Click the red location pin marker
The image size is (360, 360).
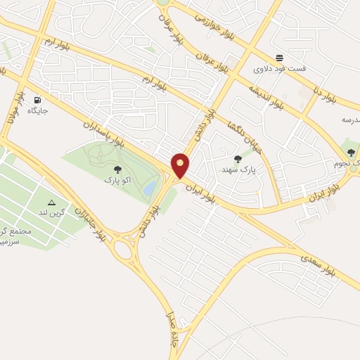pyautogui.click(x=181, y=166)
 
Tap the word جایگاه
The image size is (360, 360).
pyautogui.click(x=37, y=111)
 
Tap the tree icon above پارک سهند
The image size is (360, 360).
pyautogui.click(x=238, y=159)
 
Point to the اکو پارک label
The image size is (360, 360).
pyautogui.click(x=116, y=180)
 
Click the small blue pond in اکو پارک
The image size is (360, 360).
pyautogui.click(x=149, y=188)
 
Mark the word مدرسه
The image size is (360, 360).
pyautogui.click(x=349, y=120)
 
